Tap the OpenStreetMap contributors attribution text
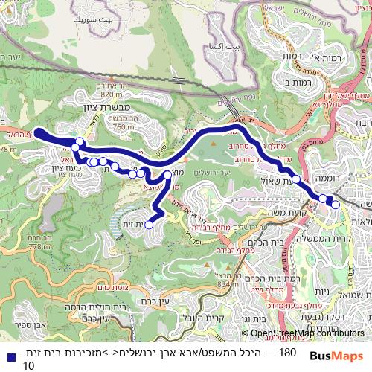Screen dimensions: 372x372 point(303,333)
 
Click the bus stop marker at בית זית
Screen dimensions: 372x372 point(149,224)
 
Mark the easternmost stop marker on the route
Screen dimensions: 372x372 point(336,204)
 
